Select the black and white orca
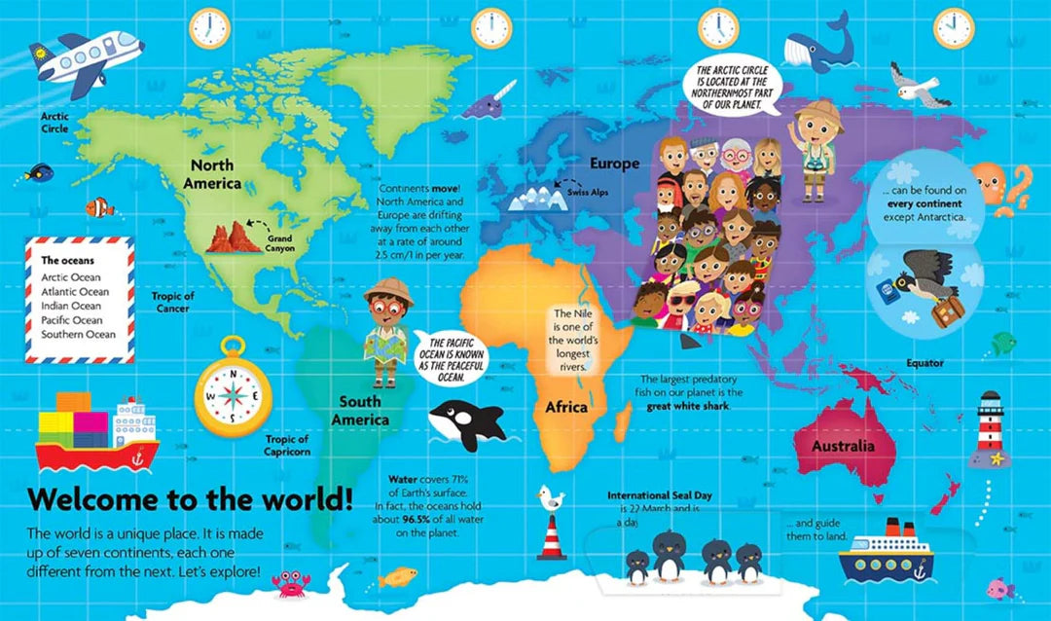(x=467, y=421)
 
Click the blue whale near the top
(x=820, y=48)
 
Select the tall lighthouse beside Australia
(x=991, y=428)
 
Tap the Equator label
(x=924, y=363)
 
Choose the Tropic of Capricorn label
(x=287, y=445)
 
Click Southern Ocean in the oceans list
(x=78, y=334)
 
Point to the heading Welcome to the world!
(x=190, y=500)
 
